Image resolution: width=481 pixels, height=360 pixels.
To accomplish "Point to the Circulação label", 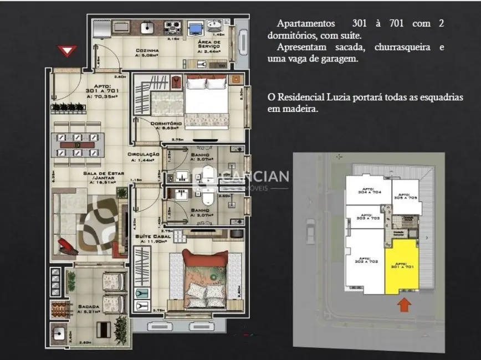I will coord(144,155).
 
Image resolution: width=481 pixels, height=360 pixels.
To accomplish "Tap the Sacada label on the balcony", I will coord(89,306).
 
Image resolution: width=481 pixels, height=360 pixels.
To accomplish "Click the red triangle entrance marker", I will coord(66,52).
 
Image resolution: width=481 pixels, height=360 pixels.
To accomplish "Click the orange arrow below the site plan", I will coord(405,304).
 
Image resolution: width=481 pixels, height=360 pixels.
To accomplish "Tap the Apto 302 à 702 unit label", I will coord(365,260).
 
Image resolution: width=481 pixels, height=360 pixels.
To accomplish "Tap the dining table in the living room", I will coord(78,144).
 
